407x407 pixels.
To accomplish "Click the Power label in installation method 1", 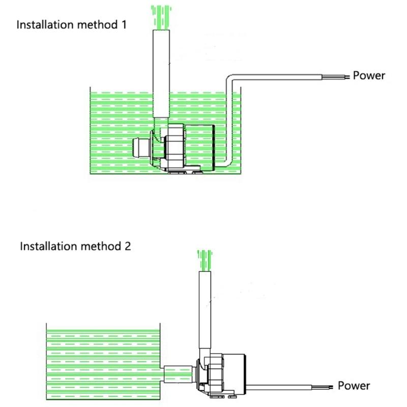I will click(x=369, y=76).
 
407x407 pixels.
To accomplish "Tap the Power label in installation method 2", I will click(x=354, y=386).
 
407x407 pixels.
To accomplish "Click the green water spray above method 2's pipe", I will click(x=204, y=259).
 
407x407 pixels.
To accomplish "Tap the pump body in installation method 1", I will click(x=188, y=148).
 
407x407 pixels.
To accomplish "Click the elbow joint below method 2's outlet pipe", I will click(x=204, y=356).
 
